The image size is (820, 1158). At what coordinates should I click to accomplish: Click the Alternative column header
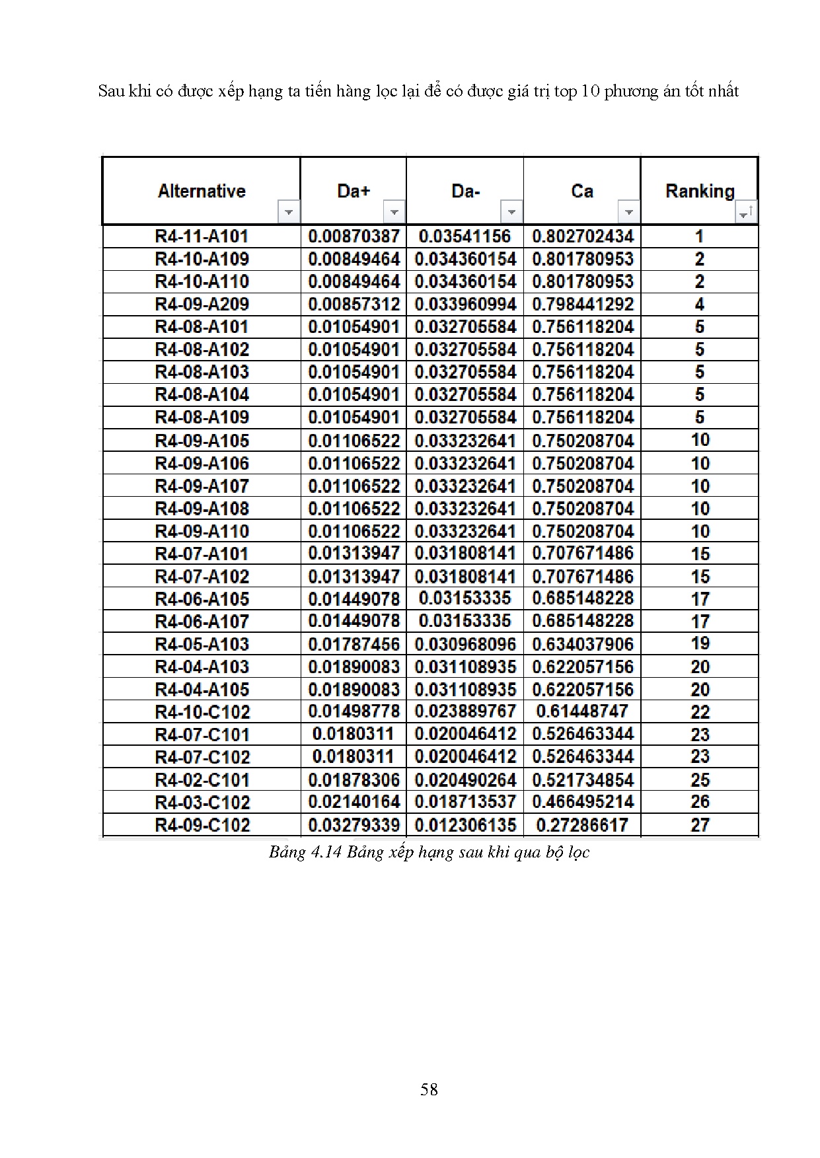point(202,191)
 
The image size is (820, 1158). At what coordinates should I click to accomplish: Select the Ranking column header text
point(699,191)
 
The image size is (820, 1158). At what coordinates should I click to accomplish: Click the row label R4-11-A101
point(202,236)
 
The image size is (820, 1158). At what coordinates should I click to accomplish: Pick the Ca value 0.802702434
point(582,236)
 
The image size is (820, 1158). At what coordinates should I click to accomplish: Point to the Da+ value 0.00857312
point(354,305)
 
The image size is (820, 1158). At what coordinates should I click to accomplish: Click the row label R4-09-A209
point(202,305)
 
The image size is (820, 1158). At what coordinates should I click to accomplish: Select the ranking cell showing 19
point(700,643)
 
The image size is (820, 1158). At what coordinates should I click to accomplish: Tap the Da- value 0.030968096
point(465,644)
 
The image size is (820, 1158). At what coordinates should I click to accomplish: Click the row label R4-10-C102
point(202,712)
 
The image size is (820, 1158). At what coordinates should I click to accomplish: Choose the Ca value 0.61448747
point(582,711)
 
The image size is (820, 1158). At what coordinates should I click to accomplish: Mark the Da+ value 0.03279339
point(354,825)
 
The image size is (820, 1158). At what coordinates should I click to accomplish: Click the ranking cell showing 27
point(700,825)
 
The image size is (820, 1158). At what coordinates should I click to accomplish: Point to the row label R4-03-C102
point(202,803)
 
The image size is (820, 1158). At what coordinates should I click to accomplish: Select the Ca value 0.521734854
point(582,780)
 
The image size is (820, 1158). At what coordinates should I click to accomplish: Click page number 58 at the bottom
point(429,1089)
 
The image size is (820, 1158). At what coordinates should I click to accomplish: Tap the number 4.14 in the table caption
point(324,852)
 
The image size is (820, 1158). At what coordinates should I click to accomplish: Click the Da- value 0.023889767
point(465,711)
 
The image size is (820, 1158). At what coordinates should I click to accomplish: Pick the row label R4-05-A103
point(202,644)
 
